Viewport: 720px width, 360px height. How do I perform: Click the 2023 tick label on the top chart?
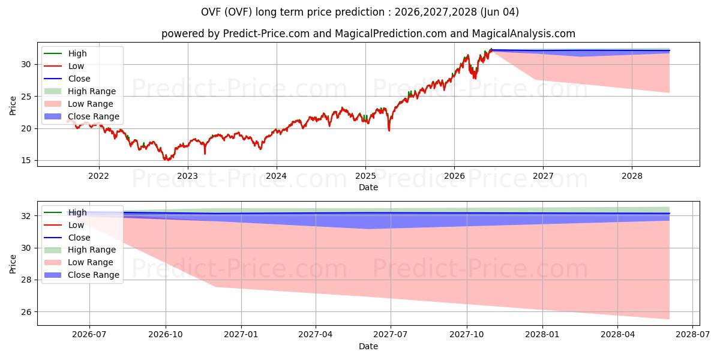(188, 176)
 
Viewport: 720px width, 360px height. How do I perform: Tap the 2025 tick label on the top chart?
(365, 176)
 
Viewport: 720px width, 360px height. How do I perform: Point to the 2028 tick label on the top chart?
(632, 176)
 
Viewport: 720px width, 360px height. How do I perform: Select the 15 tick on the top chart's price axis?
(26, 160)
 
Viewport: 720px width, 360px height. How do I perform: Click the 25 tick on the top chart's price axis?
(26, 97)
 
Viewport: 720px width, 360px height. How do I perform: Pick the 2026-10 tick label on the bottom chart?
(166, 335)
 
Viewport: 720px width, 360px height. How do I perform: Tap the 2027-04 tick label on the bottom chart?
(316, 335)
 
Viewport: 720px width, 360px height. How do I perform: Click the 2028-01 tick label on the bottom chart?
(542, 335)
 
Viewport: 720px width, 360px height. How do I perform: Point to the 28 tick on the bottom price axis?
(26, 280)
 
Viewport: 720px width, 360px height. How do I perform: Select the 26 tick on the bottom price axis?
(26, 312)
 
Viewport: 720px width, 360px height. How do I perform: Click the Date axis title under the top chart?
(368, 187)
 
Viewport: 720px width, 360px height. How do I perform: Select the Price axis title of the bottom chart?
(13, 264)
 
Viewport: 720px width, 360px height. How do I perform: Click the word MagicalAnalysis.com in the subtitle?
(524, 34)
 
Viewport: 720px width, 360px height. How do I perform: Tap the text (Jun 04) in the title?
(499, 12)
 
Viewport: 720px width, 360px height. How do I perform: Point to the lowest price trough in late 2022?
(167, 160)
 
